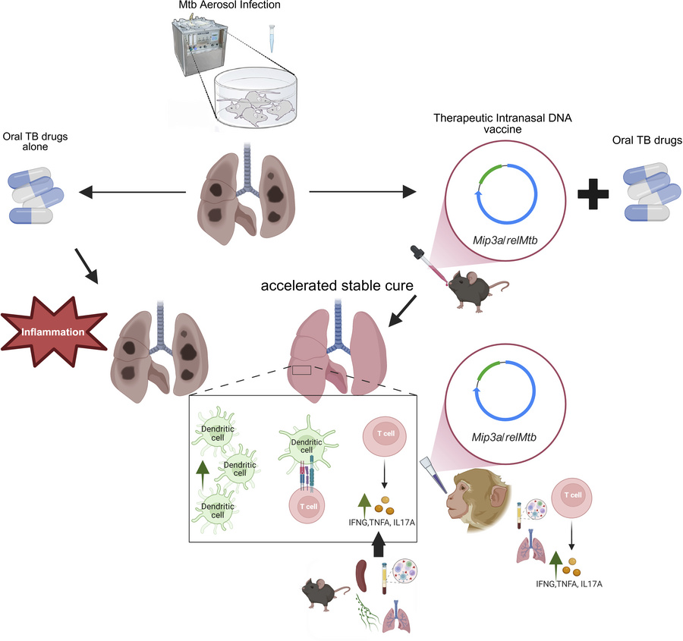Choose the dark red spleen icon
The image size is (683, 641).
364,573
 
